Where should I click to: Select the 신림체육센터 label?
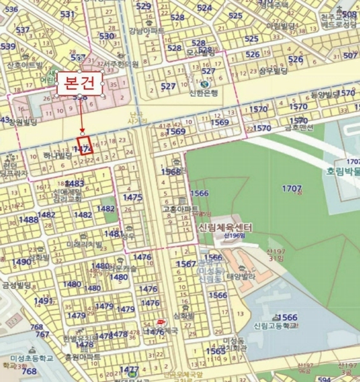click(x=225, y=227)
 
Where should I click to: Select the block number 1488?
click(x=29, y=220)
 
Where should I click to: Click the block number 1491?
click(x=43, y=301)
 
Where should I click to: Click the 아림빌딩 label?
click(x=281, y=26)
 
